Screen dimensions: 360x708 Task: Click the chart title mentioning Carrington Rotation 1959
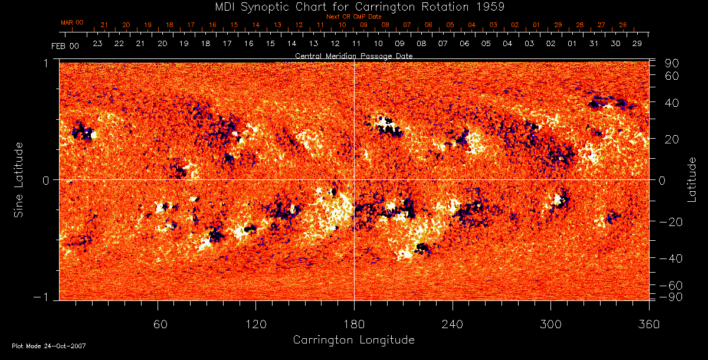point(354,6)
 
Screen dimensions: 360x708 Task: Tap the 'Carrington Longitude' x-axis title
point(353,340)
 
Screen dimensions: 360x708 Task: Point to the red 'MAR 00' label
point(72,22)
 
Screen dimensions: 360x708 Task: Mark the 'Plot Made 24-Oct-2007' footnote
point(49,346)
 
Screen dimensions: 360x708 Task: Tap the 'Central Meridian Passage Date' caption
point(353,55)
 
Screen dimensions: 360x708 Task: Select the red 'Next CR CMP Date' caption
point(353,17)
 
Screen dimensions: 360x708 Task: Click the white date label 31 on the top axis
point(594,44)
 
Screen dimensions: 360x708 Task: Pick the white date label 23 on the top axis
point(97,44)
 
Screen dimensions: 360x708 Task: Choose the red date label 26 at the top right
point(622,25)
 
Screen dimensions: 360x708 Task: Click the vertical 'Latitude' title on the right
point(691,179)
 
